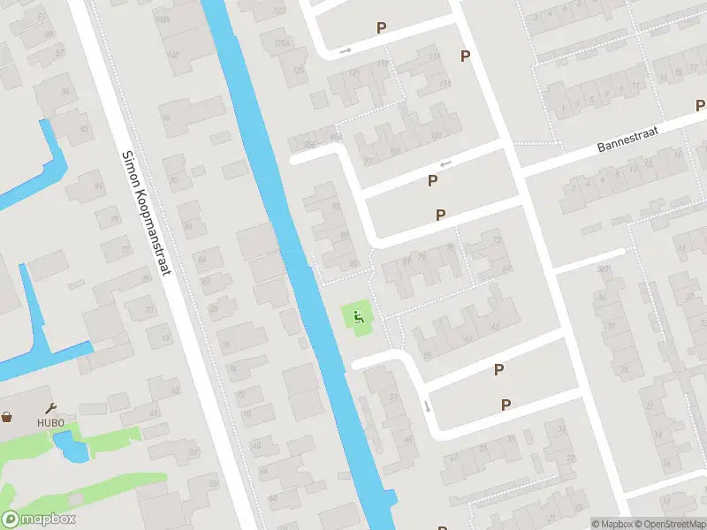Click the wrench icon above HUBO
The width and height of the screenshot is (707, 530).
click(50, 408)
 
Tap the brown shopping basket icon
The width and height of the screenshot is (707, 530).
click(7, 417)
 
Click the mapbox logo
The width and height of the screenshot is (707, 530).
click(39, 519)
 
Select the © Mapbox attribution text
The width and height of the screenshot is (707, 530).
click(612, 524)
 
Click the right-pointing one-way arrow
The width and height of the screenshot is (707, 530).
click(345, 50)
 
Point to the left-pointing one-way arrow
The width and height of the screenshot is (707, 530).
click(445, 163)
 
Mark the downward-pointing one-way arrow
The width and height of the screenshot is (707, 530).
click(427, 405)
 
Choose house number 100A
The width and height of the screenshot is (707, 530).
click(161, 19)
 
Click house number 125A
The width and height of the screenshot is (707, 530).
click(282, 43)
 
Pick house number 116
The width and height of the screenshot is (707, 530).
click(434, 57)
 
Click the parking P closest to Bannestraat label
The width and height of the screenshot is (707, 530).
click(699, 105)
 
